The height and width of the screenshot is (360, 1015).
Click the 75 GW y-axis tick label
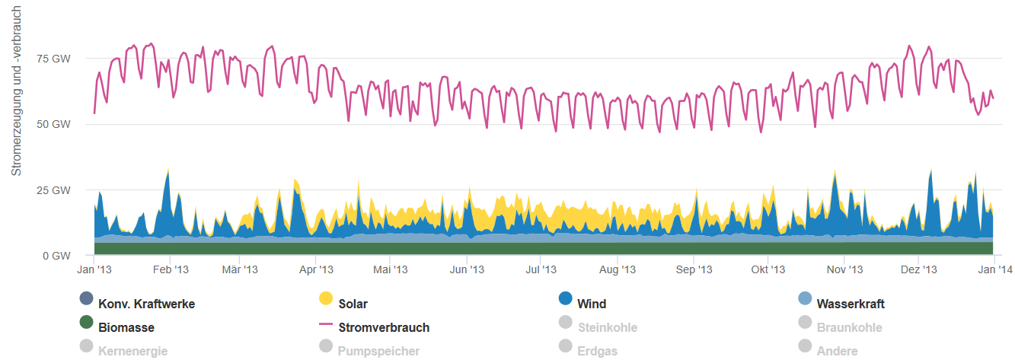click(56, 59)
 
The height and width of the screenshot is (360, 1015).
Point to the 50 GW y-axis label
click(56, 124)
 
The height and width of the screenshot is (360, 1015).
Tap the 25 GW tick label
click(56, 190)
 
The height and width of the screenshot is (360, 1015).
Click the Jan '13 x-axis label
click(95, 269)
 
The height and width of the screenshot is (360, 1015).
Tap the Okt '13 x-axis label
click(768, 269)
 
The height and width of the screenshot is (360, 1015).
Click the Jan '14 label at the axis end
click(994, 269)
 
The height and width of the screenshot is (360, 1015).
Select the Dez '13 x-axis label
click(920, 269)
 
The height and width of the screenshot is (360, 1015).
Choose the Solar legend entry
click(352, 304)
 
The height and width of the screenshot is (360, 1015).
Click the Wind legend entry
click(591, 304)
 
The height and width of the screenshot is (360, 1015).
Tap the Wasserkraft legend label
click(850, 304)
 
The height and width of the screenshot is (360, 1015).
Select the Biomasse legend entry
click(126, 327)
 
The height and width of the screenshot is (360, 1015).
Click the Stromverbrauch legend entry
click(383, 327)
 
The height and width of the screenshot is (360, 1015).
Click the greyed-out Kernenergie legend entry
click(132, 351)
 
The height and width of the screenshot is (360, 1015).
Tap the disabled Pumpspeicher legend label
click(378, 351)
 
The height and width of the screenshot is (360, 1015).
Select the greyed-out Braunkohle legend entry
click(849, 327)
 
